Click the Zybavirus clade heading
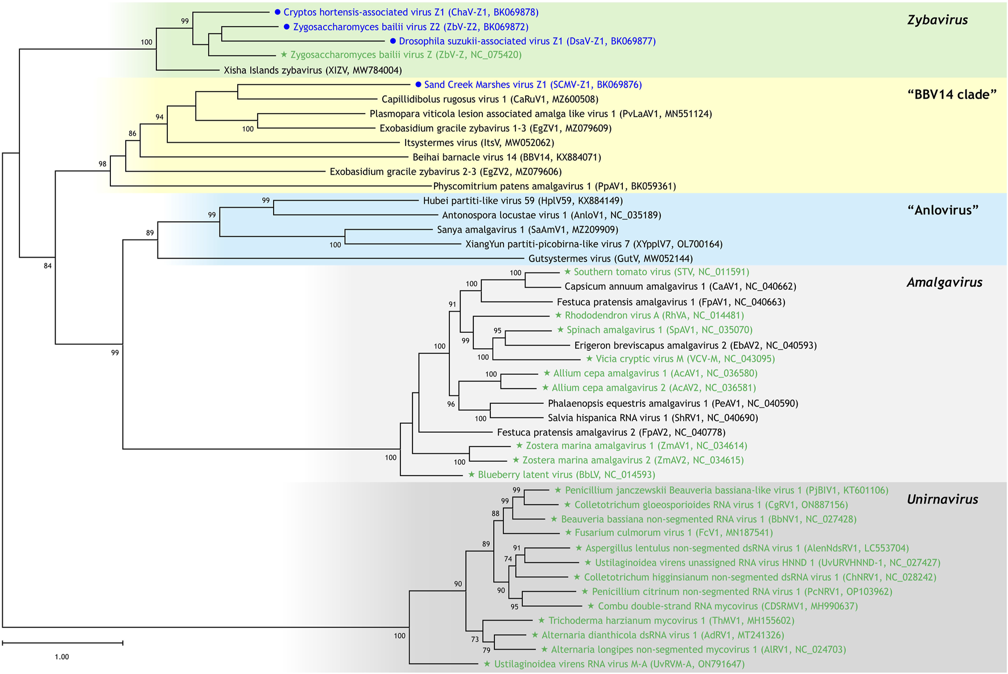pos(937,20)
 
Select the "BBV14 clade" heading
pos(952,94)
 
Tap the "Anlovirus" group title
pos(943,210)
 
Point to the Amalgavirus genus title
pos(944,283)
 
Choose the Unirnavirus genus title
pos(943,499)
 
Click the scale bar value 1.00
pos(61,657)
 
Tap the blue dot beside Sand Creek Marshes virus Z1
pos(418,85)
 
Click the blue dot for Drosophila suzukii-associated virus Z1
pos(393,41)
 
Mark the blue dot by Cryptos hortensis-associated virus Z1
pos(277,12)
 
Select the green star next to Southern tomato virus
pos(567,272)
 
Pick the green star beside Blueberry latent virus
pos(471,474)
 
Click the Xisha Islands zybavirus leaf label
pos(313,71)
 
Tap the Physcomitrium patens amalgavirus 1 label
pos(554,186)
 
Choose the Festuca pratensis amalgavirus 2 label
pos(611,432)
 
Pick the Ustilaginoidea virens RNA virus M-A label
pos(619,664)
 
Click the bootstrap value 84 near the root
pos(48,266)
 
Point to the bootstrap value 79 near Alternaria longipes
pos(486,650)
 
